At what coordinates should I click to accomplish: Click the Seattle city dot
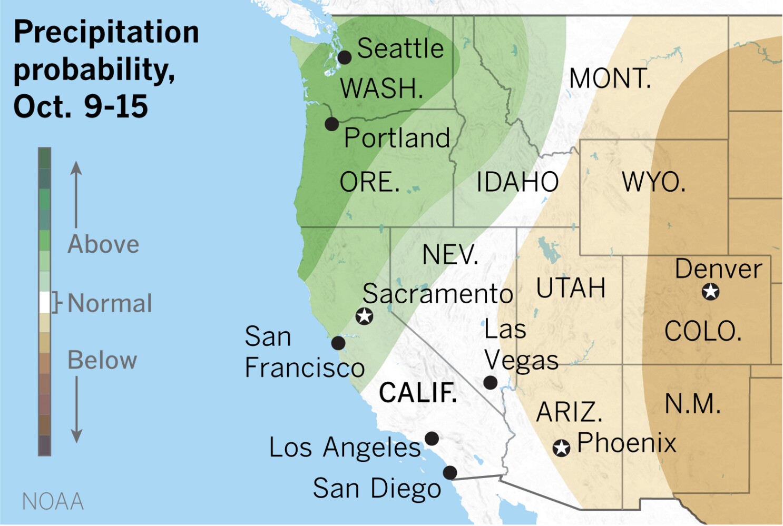click(x=344, y=57)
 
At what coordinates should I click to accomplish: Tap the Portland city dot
click(x=331, y=124)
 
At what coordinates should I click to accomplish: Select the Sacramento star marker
click(x=364, y=316)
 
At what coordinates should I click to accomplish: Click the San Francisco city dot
click(x=338, y=343)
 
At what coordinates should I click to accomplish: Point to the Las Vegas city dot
click(x=490, y=383)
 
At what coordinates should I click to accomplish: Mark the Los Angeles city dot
click(x=432, y=438)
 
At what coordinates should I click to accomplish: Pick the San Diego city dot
click(x=449, y=472)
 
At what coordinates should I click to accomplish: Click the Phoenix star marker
click(x=561, y=448)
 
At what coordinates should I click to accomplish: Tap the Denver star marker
click(x=710, y=291)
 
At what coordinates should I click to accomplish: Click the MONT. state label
click(x=610, y=79)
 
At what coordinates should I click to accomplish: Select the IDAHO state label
click(x=517, y=182)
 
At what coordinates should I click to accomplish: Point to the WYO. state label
click(x=653, y=182)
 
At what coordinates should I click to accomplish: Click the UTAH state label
click(x=571, y=288)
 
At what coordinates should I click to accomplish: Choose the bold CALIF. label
click(x=418, y=393)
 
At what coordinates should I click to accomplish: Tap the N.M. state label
click(x=692, y=404)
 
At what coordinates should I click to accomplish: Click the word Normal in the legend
click(x=110, y=303)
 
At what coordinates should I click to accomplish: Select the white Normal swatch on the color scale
click(x=45, y=302)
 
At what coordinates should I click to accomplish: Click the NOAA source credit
click(x=53, y=501)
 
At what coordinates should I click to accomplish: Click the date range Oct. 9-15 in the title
click(x=81, y=106)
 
